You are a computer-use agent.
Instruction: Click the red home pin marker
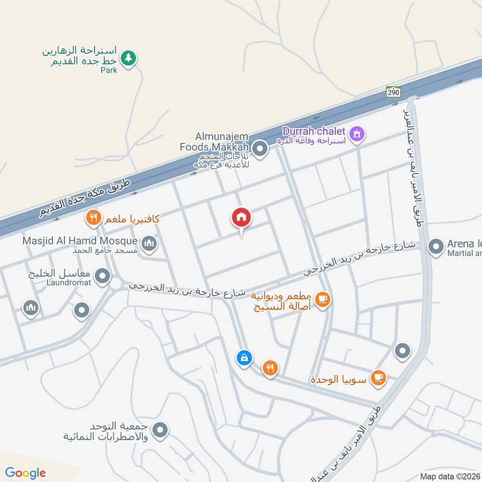[242, 217]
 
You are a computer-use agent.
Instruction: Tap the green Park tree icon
[128, 58]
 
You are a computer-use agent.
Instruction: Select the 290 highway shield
[393, 92]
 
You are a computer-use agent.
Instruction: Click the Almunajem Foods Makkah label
[214, 142]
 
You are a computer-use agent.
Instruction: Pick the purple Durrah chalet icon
[357, 133]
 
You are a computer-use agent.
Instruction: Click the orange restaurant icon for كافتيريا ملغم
[93, 218]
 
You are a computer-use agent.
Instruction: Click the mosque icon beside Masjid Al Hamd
[149, 244]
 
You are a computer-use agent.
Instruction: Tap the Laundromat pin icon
[104, 277]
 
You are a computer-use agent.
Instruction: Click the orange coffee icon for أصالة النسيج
[322, 299]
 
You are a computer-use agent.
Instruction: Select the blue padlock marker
[243, 357]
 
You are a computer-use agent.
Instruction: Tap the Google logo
[25, 473]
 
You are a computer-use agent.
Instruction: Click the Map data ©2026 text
[449, 476]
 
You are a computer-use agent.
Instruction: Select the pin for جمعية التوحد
[160, 430]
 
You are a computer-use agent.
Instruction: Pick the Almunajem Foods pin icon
[260, 148]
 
